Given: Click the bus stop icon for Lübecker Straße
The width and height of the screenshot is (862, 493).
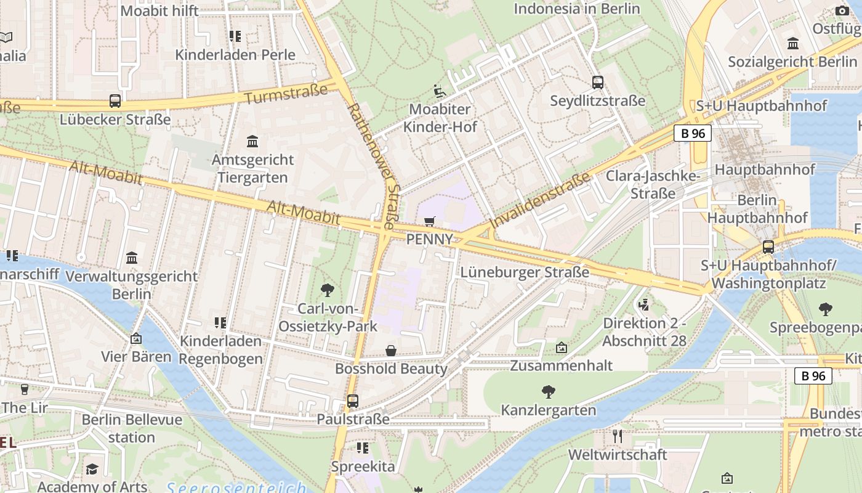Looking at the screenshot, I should (115, 101).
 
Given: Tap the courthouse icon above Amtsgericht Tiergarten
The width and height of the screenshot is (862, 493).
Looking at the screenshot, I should (252, 142).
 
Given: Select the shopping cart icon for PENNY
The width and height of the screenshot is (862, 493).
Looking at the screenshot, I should (430, 221).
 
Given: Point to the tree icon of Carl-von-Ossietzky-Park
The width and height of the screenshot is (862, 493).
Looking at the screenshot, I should (328, 290).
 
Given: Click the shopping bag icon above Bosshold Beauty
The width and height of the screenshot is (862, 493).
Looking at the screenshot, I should (390, 351).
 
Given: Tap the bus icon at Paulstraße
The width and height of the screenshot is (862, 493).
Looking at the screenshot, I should (353, 401).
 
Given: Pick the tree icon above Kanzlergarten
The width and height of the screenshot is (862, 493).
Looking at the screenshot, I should (548, 391).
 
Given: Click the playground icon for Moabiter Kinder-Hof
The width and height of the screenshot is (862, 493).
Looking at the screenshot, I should (439, 91).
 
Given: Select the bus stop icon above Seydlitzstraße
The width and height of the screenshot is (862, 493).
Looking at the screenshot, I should (597, 83).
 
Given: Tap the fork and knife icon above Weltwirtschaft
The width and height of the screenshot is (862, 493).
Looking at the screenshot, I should (618, 436).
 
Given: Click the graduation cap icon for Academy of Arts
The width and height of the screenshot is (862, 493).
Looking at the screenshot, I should (92, 470).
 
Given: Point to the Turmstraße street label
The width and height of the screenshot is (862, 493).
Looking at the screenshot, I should (286, 95).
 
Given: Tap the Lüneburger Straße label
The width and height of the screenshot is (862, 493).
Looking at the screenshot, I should (525, 272).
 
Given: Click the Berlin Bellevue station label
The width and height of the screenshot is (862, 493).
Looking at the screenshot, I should (132, 428).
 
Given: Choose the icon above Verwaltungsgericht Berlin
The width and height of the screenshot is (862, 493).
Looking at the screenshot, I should (132, 258).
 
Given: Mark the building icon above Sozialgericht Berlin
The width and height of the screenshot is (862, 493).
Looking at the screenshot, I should (793, 44).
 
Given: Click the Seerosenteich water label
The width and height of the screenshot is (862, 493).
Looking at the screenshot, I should (236, 487).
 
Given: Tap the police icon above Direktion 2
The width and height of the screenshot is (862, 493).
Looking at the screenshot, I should (644, 304).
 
